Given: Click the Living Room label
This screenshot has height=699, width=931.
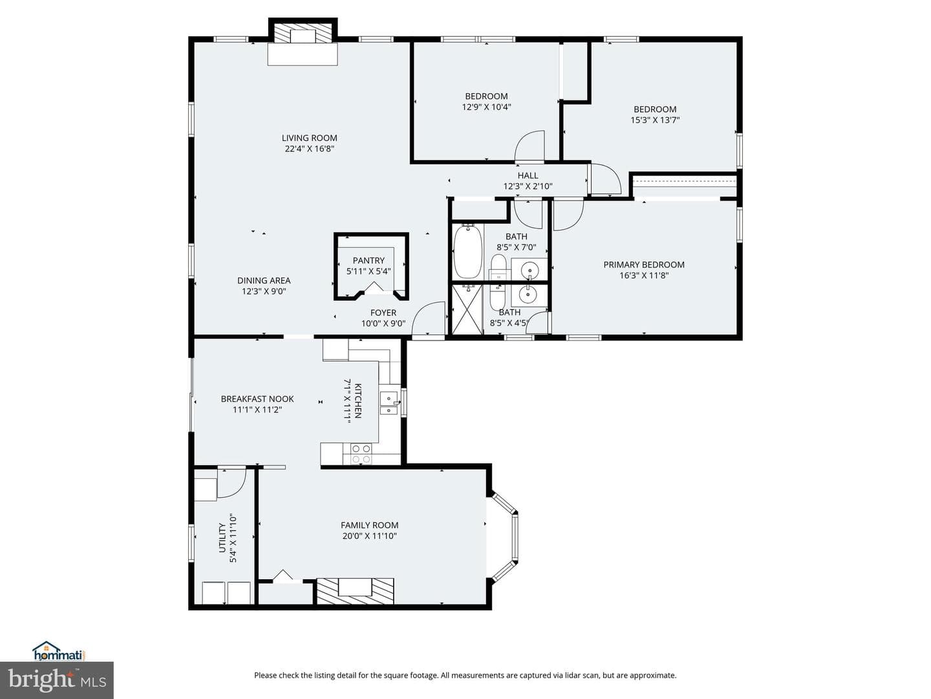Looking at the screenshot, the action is pos(309,138).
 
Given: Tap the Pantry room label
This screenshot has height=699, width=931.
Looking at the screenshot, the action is pos(369,260).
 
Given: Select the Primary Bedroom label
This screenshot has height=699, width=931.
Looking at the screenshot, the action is pos(644,265).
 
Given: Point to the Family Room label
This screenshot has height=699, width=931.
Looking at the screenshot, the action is pos(369,525).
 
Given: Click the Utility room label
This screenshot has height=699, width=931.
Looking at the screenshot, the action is pos(222,538).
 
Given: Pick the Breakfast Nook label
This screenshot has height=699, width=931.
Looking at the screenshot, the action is pos(257,399).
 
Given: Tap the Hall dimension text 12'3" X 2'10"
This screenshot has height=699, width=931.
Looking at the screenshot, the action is pos(528,186).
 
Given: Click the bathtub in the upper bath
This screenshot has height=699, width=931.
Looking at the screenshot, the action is pos(468,252).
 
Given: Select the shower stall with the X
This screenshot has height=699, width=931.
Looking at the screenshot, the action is pos(467,309).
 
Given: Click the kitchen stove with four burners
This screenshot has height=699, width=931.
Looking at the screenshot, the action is pos(361,454).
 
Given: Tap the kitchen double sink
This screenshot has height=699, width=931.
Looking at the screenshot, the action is pos(390,404).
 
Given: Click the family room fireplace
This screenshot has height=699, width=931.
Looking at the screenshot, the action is pos(356,590).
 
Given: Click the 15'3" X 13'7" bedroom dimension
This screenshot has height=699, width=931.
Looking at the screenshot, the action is pos(655,120).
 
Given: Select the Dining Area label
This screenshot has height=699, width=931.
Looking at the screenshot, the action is pos(263,280).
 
